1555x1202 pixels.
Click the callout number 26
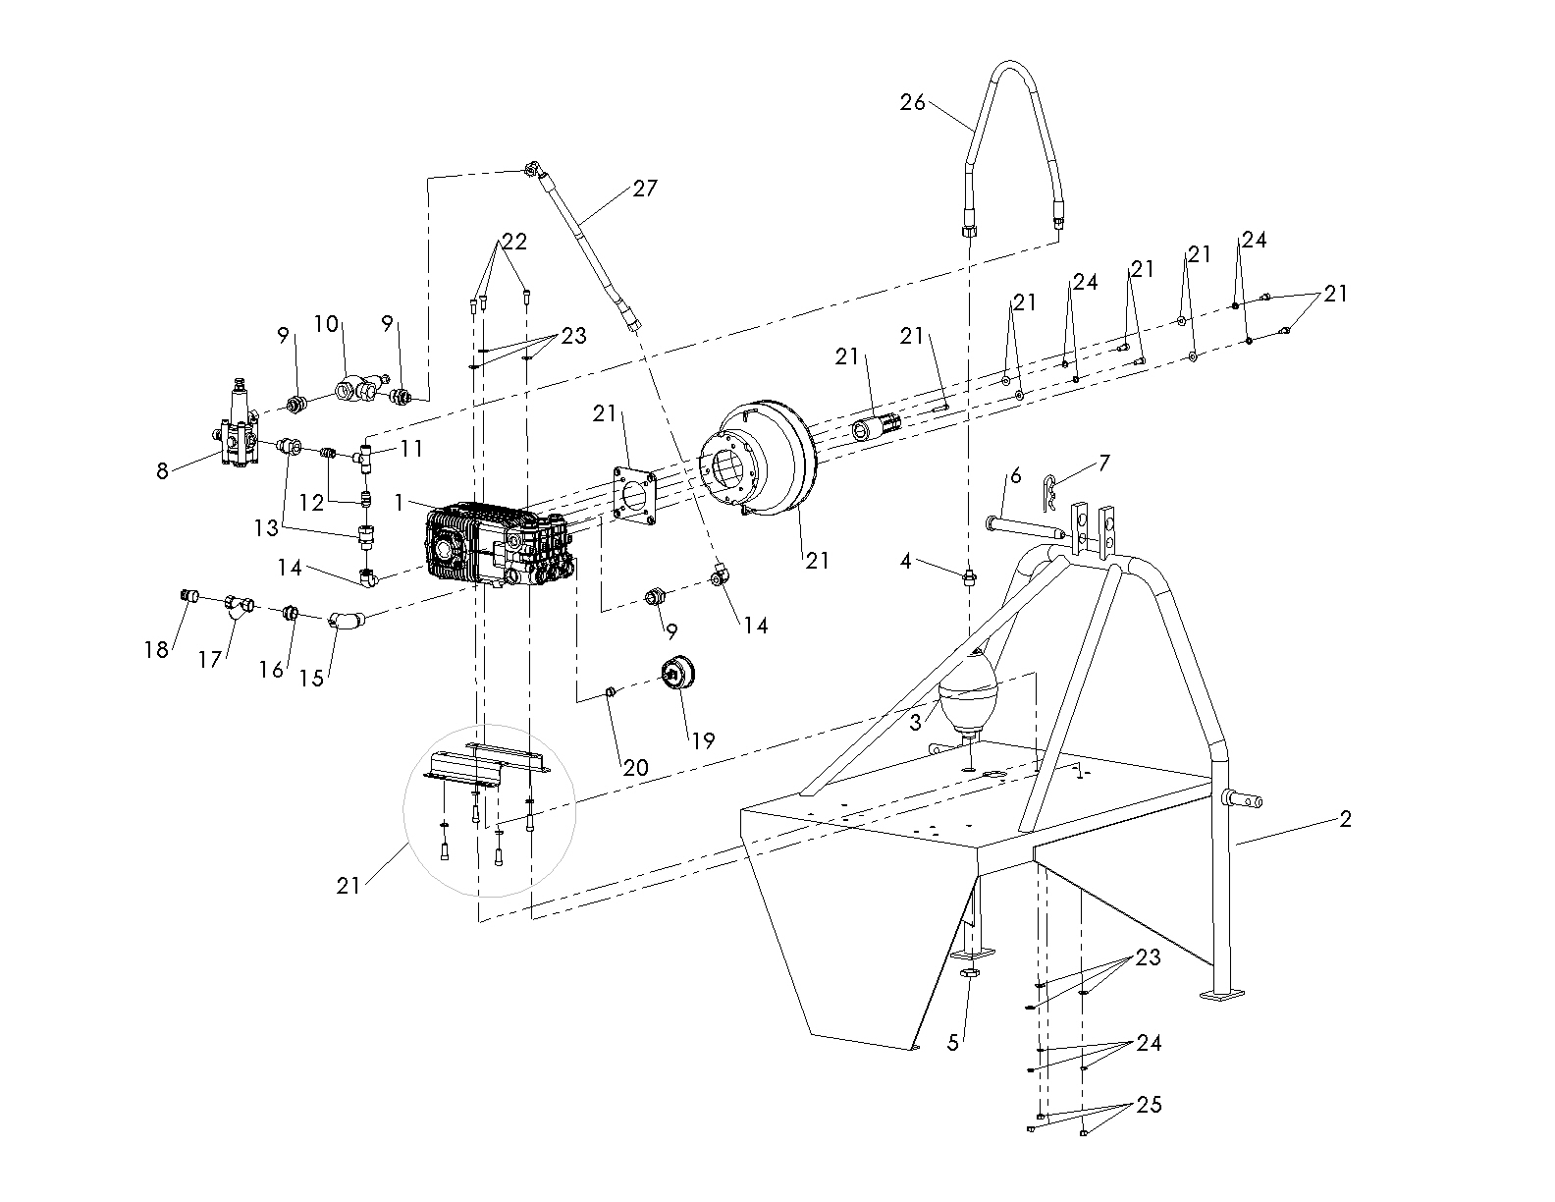[x=913, y=101]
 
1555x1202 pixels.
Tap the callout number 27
[x=645, y=188]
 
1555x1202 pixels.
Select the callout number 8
[x=163, y=472]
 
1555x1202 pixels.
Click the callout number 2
[x=1345, y=818]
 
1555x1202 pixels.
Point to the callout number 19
[x=704, y=740]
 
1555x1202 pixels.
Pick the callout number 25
[x=1149, y=1105]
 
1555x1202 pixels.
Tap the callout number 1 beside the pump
[x=400, y=501]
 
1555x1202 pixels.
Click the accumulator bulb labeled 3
[x=967, y=692]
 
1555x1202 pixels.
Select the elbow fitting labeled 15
[x=345, y=621]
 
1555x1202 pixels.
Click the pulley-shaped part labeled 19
[x=677, y=673]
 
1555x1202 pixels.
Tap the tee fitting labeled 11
[x=366, y=455]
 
